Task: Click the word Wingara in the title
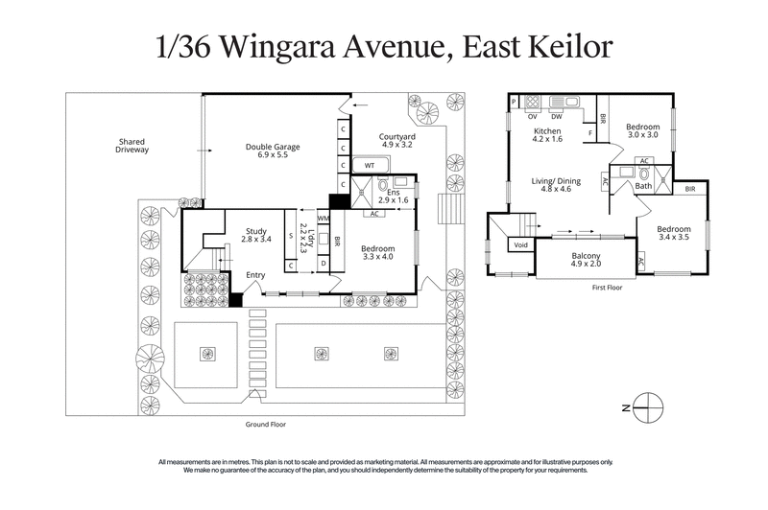coord(314,48)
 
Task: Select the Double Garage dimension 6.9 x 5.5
coord(273,154)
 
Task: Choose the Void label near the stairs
coord(521,245)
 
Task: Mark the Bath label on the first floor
coord(642,186)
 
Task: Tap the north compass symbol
coord(650,406)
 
